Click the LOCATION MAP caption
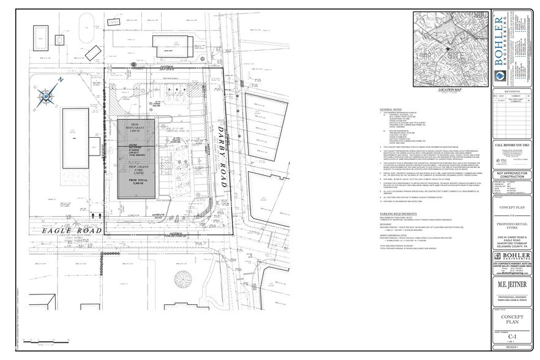pyautogui.click(x=448, y=89)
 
